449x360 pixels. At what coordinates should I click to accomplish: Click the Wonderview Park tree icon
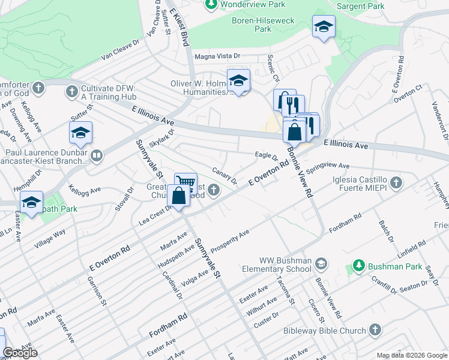pyautogui.click(x=211, y=5)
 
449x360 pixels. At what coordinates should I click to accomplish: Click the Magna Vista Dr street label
pyautogui.click(x=217, y=56)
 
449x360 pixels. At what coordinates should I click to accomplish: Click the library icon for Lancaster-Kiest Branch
pyautogui.click(x=96, y=157)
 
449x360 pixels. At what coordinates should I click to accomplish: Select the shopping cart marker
pyautogui.click(x=186, y=182)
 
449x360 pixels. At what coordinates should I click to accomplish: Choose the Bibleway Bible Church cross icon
pyautogui.click(x=375, y=331)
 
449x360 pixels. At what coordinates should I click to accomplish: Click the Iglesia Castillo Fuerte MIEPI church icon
pyautogui.click(x=396, y=182)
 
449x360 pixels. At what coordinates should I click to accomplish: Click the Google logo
pyautogui.click(x=20, y=353)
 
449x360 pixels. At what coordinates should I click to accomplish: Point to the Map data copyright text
pyautogui.click(x=411, y=355)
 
